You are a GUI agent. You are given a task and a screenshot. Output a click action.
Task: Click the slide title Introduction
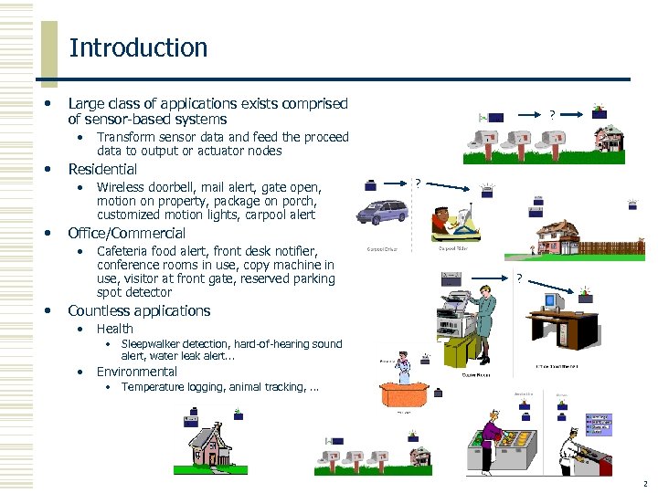[138, 47]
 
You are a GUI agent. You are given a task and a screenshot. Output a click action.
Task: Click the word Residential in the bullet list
[102, 169]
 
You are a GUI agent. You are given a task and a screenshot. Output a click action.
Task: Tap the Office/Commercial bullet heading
[126, 233]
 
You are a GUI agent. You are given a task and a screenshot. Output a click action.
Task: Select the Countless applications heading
[139, 310]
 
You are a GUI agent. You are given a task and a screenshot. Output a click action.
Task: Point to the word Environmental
[136, 372]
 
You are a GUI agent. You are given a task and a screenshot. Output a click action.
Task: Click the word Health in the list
[114, 329]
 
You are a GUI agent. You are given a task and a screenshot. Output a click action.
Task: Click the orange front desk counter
[408, 393]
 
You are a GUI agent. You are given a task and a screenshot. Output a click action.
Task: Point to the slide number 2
[645, 484]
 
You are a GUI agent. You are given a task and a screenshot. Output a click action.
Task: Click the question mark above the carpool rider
[418, 184]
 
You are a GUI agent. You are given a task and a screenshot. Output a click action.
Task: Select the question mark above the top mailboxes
[551, 115]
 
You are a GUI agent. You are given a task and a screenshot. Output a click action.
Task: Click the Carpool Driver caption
[382, 248]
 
